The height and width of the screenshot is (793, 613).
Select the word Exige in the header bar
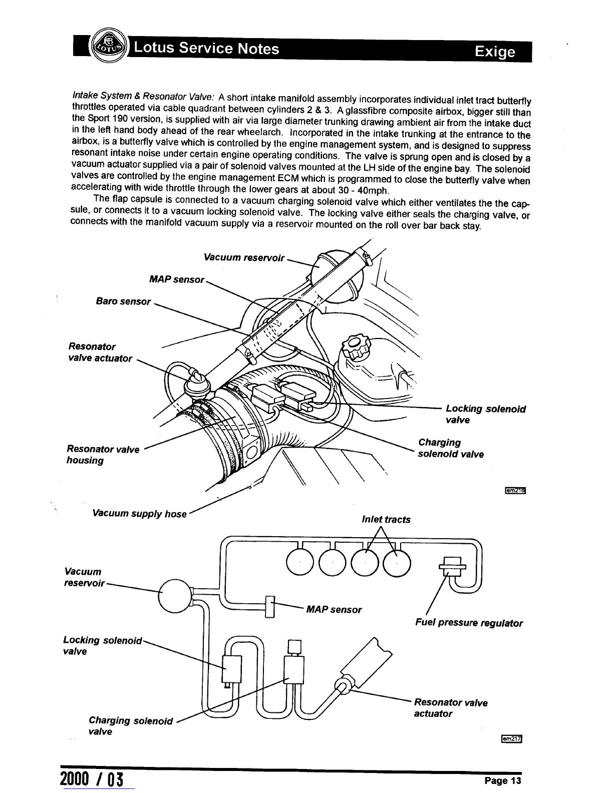click(495, 52)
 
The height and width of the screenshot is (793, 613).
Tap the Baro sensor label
click(123, 301)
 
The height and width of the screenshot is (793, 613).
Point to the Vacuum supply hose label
click(140, 514)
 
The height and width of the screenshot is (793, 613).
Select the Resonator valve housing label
click(103, 455)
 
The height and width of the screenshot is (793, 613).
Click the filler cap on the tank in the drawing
click(355, 346)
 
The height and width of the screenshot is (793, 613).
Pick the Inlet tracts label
click(386, 520)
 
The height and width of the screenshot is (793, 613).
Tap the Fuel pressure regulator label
click(469, 623)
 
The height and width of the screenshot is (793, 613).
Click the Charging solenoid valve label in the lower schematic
click(130, 726)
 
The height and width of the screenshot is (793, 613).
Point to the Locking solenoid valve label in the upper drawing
click(485, 414)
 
